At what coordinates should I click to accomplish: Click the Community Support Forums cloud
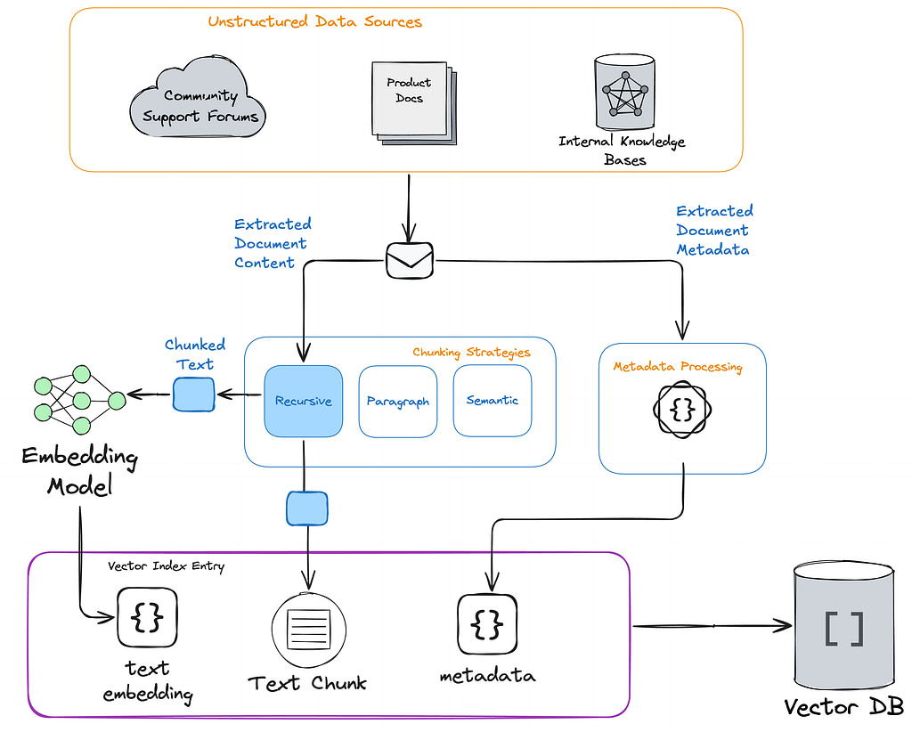pyautogui.click(x=197, y=98)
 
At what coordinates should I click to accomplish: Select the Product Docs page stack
pyautogui.click(x=414, y=103)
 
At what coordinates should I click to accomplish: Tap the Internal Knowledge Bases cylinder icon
pyautogui.click(x=624, y=93)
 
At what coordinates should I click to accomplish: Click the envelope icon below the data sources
pyautogui.click(x=410, y=260)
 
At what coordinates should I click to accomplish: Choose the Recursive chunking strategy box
pyautogui.click(x=303, y=401)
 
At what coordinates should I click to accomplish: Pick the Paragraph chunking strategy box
pyautogui.click(x=398, y=402)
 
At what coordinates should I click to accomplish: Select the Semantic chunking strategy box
pyautogui.click(x=492, y=400)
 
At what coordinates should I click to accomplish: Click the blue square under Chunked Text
pyautogui.click(x=193, y=394)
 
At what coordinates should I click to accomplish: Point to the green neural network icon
pyautogui.click(x=79, y=400)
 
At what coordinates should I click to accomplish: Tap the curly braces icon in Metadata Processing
pyautogui.click(x=682, y=410)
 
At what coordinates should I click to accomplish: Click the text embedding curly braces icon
pyautogui.click(x=147, y=617)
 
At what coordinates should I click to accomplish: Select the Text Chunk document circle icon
pyautogui.click(x=309, y=630)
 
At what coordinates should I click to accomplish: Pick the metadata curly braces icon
pyautogui.click(x=487, y=624)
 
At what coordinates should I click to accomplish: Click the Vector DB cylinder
pyautogui.click(x=844, y=626)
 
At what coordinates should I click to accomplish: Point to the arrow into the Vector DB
pyautogui.click(x=712, y=626)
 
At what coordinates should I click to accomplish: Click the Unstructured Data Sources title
pyautogui.click(x=314, y=21)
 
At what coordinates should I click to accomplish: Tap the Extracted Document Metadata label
pyautogui.click(x=714, y=231)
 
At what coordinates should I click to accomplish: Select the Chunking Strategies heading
pyautogui.click(x=472, y=353)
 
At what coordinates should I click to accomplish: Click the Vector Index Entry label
pyautogui.click(x=167, y=565)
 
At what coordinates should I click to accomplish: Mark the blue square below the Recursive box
pyautogui.click(x=307, y=508)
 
